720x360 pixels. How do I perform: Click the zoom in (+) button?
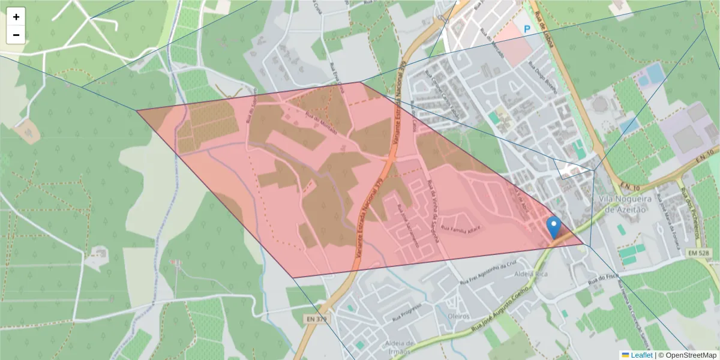click(16, 17)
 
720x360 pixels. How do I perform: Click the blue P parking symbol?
click(527, 28)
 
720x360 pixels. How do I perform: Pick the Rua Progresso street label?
click(407, 310)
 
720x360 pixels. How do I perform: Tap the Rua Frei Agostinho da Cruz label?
click(488, 272)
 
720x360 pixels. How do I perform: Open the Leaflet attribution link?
click(641, 355)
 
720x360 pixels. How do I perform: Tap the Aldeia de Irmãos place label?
click(392, 347)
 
